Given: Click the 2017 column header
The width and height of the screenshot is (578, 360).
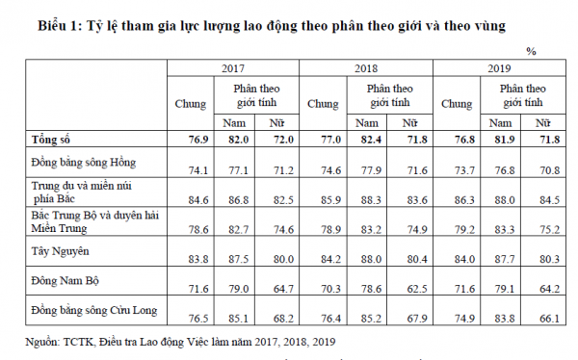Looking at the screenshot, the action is [x=233, y=68].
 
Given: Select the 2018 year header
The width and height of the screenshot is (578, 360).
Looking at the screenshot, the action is [x=366, y=68].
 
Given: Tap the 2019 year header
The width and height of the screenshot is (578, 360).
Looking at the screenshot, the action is [x=499, y=68].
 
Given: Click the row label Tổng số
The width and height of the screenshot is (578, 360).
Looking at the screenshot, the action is [x=50, y=140].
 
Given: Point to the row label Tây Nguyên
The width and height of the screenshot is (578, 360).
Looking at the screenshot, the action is [x=60, y=251].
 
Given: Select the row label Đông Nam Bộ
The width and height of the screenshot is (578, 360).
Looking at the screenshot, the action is [x=66, y=281].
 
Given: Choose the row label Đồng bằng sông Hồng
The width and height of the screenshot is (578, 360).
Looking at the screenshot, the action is [x=84, y=163].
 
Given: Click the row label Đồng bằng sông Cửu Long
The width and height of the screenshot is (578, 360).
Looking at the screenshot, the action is [x=94, y=310].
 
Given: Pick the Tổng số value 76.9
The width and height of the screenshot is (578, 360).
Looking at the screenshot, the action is [x=198, y=140].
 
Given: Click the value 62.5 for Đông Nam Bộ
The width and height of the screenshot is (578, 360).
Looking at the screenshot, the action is [x=417, y=289].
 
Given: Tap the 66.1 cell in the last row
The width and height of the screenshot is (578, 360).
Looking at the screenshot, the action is [x=550, y=319].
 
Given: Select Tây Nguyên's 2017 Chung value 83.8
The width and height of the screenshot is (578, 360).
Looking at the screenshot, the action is [x=198, y=259].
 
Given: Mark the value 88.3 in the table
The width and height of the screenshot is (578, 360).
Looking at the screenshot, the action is [x=371, y=200].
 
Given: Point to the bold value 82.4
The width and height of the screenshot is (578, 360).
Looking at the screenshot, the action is [x=371, y=140].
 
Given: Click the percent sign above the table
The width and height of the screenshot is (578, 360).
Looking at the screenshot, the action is [x=531, y=51].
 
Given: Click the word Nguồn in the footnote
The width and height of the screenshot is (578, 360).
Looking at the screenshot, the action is [x=42, y=342].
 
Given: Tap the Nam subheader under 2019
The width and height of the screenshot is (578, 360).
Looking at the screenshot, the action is [x=500, y=122].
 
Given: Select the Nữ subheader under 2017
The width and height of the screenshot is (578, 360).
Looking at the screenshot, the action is [x=276, y=122].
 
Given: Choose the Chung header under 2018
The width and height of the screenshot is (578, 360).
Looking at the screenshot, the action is [x=323, y=104].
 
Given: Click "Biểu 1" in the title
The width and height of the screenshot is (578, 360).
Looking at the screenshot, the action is [x=60, y=26].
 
